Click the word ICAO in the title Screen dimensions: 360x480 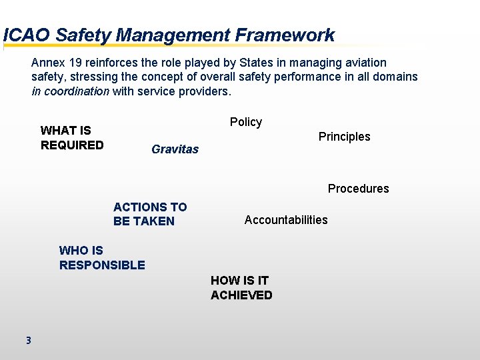click(27, 35)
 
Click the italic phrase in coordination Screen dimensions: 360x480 click(70, 91)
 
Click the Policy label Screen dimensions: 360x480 click(246, 122)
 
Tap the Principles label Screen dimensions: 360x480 click(344, 137)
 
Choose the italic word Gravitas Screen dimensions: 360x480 click(175, 149)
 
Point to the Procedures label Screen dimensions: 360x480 click(358, 189)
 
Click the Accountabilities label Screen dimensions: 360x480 click(286, 220)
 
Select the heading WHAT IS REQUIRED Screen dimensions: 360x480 click(72, 138)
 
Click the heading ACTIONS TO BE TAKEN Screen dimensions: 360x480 click(150, 214)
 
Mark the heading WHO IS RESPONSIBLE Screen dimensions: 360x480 click(101, 258)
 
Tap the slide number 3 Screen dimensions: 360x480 click(28, 341)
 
